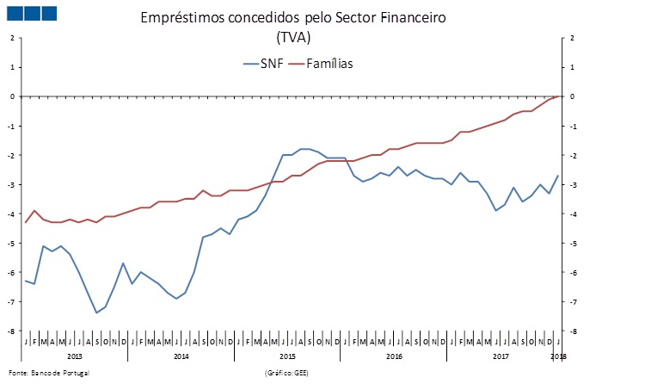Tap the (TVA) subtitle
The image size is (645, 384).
pos(293,37)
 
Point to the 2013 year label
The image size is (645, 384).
pos(75,356)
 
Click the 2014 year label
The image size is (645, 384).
pos(181,356)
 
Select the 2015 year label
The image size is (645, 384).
pos(288,356)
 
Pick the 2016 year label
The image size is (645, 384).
pos(394,356)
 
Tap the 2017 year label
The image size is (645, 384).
pos(500,356)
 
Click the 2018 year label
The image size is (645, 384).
pos(558,356)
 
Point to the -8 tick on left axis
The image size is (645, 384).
pos(12,331)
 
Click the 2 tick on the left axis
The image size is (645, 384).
pos(13,38)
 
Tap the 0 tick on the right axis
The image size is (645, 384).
pos(572,96)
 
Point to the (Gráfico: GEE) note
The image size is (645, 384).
pos(288,373)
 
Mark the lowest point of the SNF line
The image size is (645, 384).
pos(96,313)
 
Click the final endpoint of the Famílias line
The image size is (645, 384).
pos(560,96)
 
